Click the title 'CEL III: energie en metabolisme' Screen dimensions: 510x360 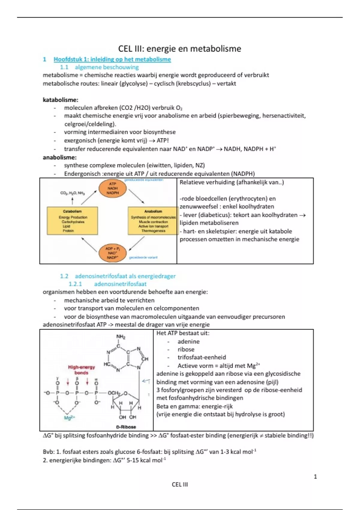click(179, 49)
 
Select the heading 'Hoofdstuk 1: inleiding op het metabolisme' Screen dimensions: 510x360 click(112, 59)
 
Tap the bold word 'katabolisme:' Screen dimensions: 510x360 click(60, 100)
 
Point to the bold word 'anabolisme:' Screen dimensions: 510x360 click(59, 157)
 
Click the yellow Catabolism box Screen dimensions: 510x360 click(72, 220)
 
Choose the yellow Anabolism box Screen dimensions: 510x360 click(153, 220)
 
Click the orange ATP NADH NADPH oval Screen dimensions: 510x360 click(112, 188)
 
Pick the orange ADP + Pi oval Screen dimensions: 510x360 click(112, 253)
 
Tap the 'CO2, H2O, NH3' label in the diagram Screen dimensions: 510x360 click(72, 193)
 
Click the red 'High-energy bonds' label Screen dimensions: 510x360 click(81, 370)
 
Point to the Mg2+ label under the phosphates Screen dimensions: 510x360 click(70, 418)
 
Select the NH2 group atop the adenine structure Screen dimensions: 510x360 click(121, 337)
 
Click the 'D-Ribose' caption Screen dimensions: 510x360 click(126, 427)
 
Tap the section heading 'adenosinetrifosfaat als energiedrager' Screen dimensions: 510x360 click(125, 276)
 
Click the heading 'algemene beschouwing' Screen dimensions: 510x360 click(106, 67)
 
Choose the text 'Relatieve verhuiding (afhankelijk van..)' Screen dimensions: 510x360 click(232, 182)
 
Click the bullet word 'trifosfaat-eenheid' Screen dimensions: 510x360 click(202, 357)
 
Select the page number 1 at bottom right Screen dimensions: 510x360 click(315, 476)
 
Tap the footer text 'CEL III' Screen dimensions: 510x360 click(180, 484)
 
